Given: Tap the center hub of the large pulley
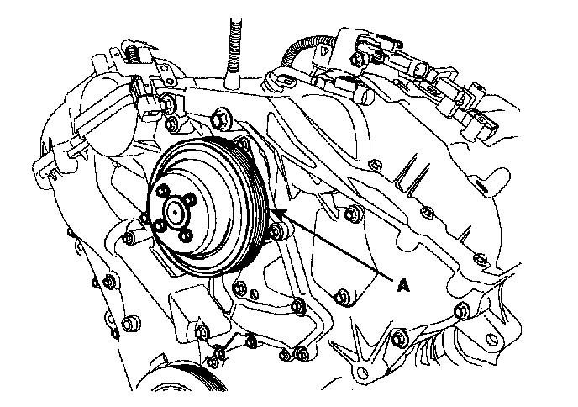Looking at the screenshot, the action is [x=175, y=212].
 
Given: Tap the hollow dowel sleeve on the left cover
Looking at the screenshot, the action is [x=131, y=325].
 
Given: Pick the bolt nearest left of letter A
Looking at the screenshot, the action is [x=340, y=296].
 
